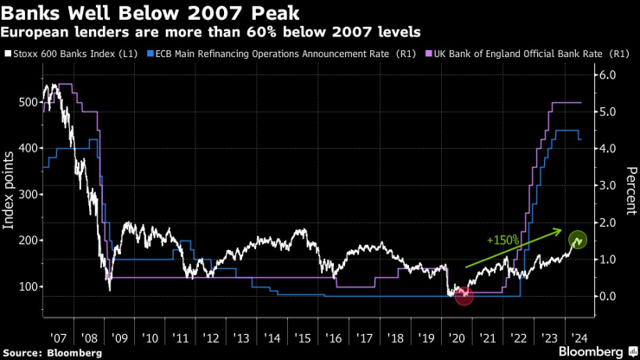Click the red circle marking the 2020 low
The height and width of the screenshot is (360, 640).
[x=464, y=296]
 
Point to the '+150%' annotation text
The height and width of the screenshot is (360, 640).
[x=502, y=240]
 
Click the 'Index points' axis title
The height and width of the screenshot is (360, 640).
[x=10, y=189]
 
